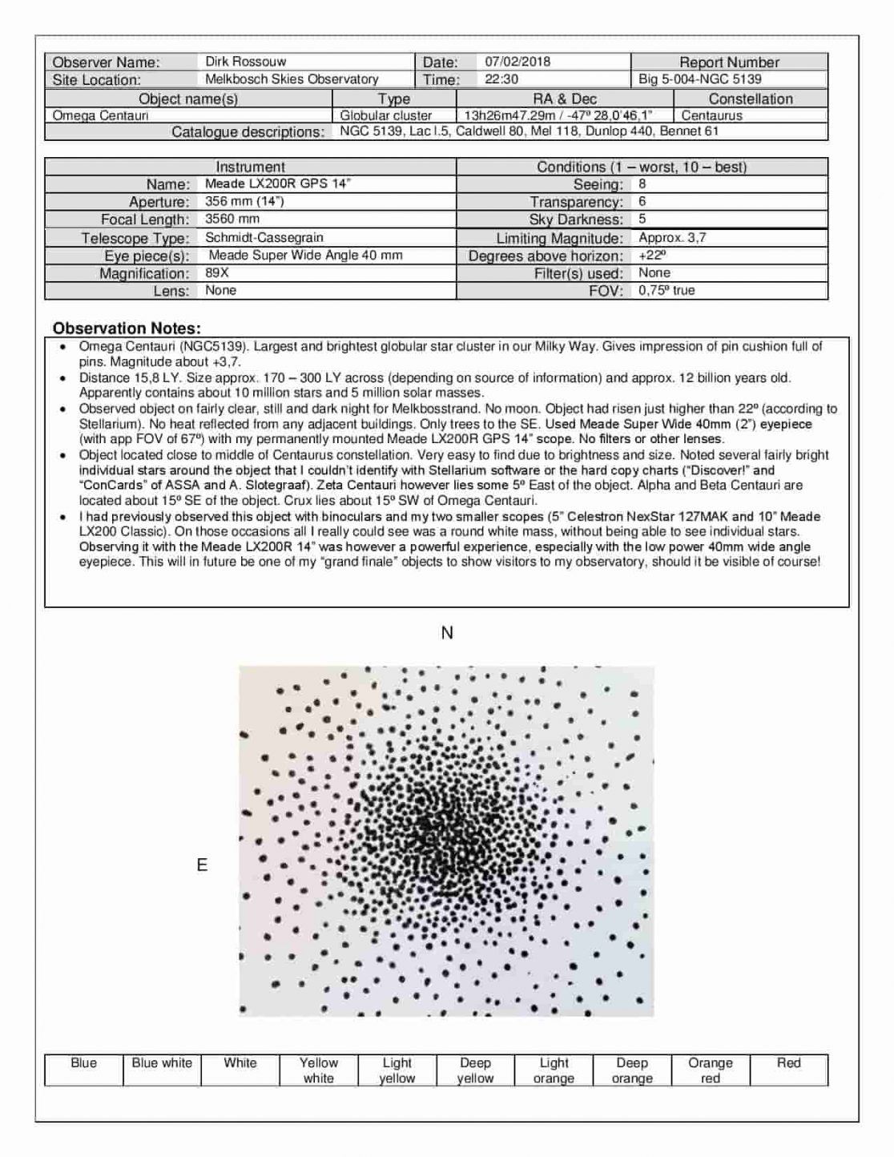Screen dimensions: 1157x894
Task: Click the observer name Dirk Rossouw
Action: pyautogui.click(x=245, y=62)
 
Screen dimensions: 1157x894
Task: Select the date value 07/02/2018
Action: pyautogui.click(x=517, y=62)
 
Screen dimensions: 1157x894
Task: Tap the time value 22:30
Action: pyautogui.click(x=501, y=79)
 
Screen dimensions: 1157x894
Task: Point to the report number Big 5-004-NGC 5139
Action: pyautogui.click(x=700, y=79)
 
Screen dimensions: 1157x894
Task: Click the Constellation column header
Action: pyautogui.click(x=750, y=99)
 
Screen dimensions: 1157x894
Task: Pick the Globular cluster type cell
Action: pyautogui.click(x=386, y=115)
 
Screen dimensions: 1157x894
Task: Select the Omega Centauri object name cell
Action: pyautogui.click(x=101, y=115)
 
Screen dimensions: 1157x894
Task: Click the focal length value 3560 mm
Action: pyautogui.click(x=232, y=219)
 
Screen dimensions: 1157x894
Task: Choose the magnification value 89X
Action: pyautogui.click(x=217, y=272)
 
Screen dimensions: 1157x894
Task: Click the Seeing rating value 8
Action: pyautogui.click(x=642, y=183)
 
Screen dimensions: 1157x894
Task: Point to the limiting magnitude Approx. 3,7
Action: pyautogui.click(x=672, y=237)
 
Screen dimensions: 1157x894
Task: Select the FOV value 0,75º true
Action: pyautogui.click(x=666, y=290)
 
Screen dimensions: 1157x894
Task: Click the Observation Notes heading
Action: pyautogui.click(x=127, y=329)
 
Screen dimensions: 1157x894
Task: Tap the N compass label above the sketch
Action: pyautogui.click(x=447, y=633)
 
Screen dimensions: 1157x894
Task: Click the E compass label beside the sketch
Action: pyautogui.click(x=202, y=865)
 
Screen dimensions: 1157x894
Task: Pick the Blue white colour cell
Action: pyautogui.click(x=162, y=1063)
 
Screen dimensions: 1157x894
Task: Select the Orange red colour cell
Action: pyautogui.click(x=710, y=1070)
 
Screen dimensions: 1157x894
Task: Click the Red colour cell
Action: pyautogui.click(x=788, y=1063)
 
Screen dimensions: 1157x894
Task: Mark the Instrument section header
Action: pyautogui.click(x=250, y=167)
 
